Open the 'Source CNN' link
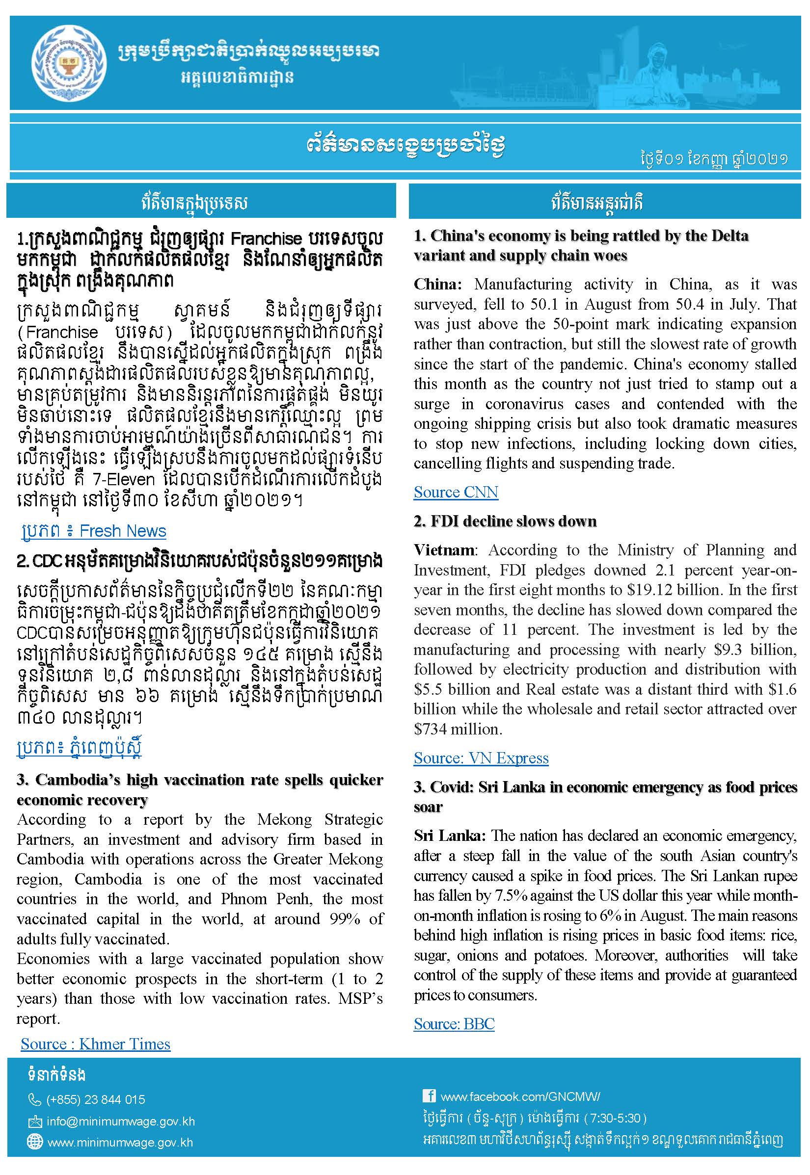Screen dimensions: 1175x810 455,492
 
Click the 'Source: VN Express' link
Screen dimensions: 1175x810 481,757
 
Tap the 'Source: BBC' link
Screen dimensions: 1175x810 454,1023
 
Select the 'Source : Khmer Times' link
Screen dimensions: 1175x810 95,1044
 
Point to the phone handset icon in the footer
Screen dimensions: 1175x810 34,1099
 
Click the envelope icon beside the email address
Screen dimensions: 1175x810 34,1121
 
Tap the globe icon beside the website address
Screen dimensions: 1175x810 34,1142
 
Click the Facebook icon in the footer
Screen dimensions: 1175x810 429,1096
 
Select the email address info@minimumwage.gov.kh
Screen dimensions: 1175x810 121,1121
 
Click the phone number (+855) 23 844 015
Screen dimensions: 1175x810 95,1099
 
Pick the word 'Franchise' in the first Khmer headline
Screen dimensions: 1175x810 266,238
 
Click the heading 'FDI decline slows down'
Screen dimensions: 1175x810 513,522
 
